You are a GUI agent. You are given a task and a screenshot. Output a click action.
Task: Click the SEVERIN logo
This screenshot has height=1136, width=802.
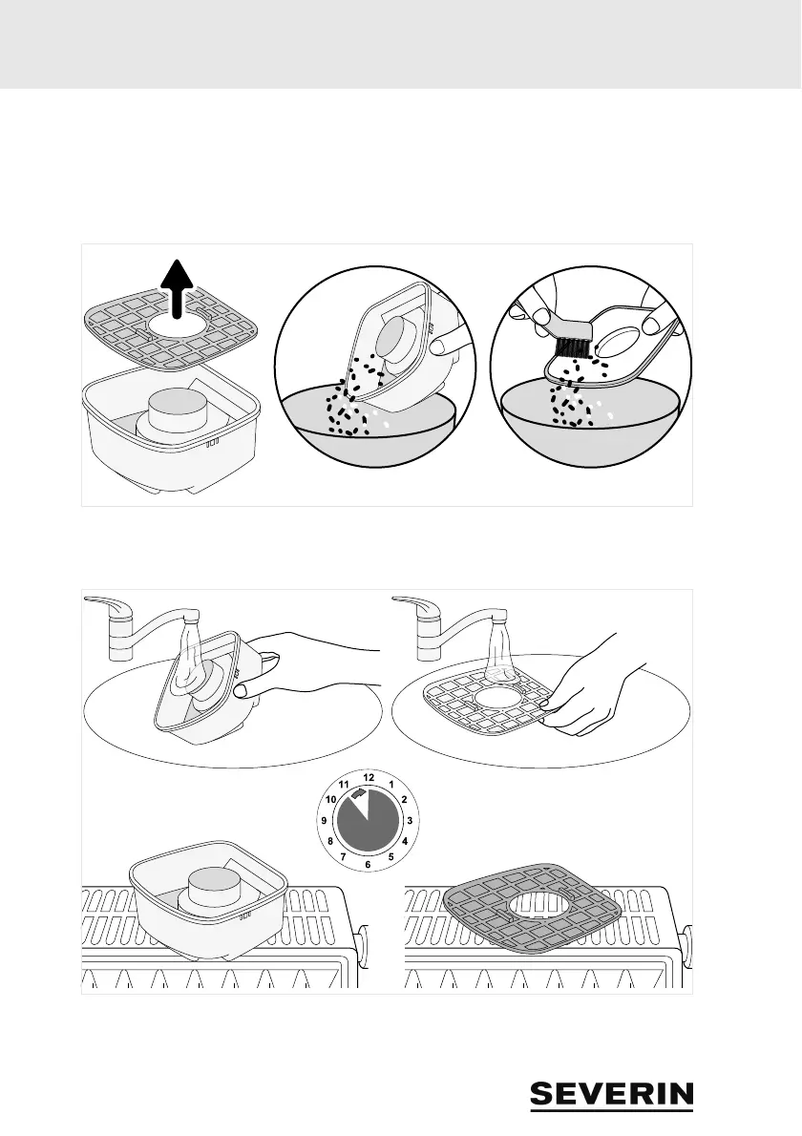click(612, 1095)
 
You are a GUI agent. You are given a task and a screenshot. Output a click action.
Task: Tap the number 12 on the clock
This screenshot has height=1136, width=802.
click(369, 777)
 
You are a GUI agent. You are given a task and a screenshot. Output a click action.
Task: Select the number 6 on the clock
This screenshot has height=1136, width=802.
click(369, 864)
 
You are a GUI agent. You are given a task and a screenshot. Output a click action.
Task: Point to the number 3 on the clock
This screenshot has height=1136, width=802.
click(410, 821)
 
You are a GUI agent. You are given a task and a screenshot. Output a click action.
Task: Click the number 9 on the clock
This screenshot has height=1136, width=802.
click(326, 821)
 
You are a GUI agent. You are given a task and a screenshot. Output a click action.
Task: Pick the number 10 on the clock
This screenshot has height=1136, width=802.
click(331, 799)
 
